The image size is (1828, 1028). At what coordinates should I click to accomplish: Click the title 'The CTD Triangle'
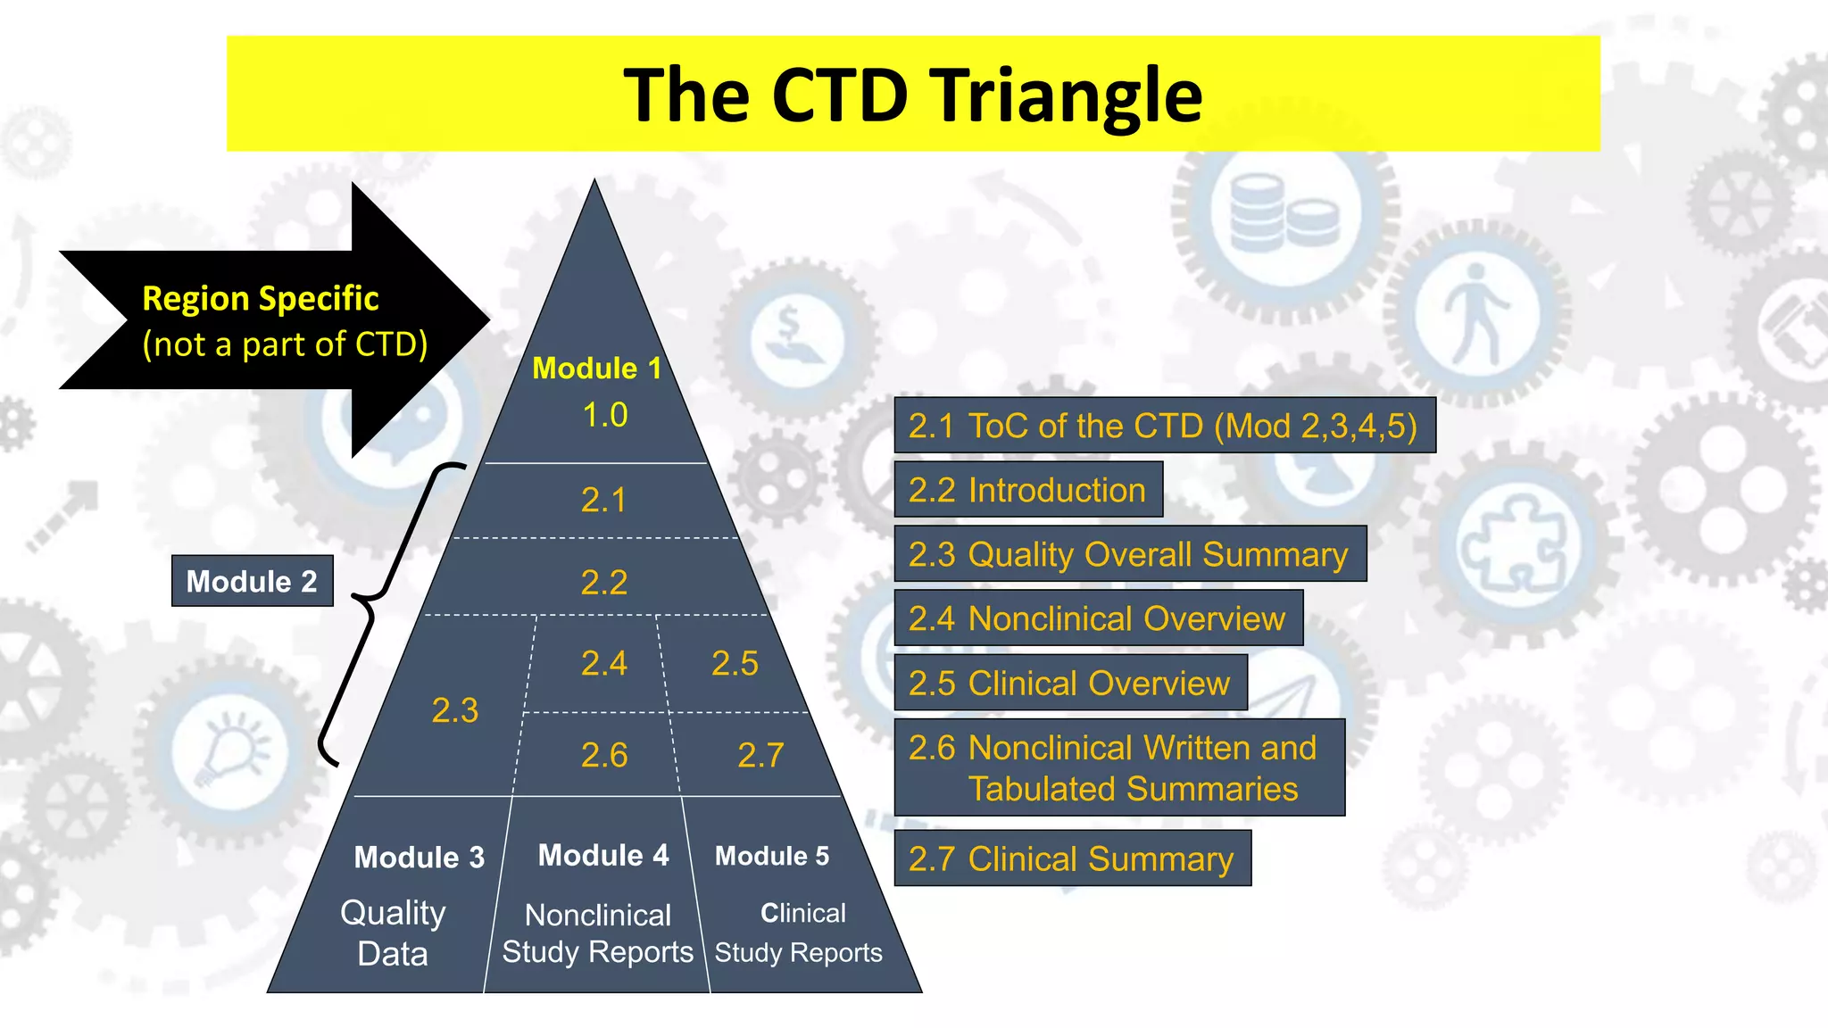pos(912,95)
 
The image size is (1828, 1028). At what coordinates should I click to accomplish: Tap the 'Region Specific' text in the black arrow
pos(260,298)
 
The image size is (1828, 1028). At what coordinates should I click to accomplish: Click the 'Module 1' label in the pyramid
pos(596,368)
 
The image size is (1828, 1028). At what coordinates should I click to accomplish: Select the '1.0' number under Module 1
pos(604,415)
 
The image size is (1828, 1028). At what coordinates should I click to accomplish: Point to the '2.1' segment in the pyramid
pos(603,500)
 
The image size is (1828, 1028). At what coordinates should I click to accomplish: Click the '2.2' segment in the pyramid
pos(603,583)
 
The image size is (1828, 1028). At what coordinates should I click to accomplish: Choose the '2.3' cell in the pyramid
pos(454,710)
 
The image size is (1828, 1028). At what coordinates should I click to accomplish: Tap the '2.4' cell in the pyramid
pos(603,663)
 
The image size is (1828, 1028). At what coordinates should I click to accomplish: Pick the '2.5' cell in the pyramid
pos(734,663)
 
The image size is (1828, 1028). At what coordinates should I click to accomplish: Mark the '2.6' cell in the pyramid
pos(603,755)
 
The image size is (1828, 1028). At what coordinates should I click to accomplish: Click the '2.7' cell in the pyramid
pos(760,755)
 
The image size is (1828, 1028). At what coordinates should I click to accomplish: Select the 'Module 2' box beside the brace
pos(252,581)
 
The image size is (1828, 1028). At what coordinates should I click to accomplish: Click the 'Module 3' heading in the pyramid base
pos(419,857)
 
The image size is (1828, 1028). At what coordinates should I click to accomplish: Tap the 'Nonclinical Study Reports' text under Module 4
pos(597,933)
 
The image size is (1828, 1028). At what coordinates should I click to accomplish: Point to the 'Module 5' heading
pos(771,856)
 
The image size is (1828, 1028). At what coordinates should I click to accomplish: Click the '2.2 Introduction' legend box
pos(1028,490)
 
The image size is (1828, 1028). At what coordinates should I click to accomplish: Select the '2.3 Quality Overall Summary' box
pos(1129,554)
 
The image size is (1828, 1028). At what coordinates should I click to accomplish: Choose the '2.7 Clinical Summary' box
pos(1072,858)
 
